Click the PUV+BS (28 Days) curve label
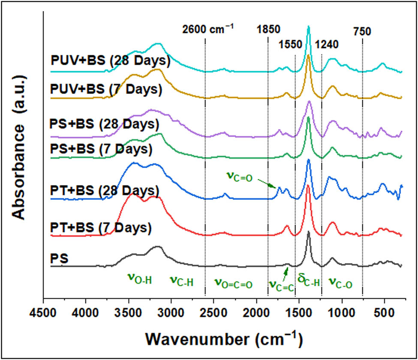(x=110, y=61)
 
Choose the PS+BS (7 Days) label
(x=101, y=149)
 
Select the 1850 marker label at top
(x=268, y=30)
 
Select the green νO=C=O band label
(x=233, y=283)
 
